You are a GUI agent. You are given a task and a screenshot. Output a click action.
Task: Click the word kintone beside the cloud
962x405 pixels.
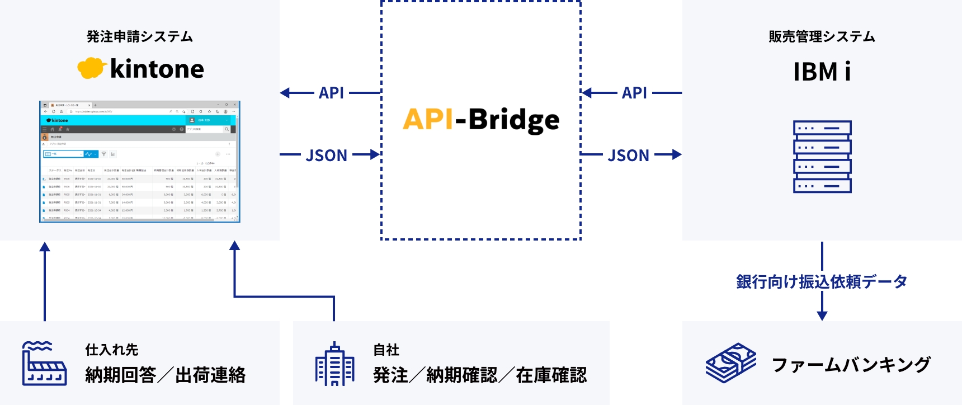tap(157, 69)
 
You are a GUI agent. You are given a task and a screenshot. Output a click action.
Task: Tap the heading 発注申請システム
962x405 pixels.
tap(140, 37)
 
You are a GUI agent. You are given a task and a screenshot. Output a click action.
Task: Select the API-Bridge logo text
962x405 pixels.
tap(481, 119)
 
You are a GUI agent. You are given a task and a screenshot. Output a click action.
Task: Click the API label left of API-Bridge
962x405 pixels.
tap(331, 93)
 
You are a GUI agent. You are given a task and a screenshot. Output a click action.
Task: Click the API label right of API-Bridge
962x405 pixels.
tap(634, 93)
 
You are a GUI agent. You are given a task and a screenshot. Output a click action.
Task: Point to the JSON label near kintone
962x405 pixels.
tap(327, 155)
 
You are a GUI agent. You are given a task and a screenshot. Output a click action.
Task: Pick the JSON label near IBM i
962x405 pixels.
tap(629, 155)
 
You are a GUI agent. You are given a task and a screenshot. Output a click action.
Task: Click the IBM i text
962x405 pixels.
tap(822, 72)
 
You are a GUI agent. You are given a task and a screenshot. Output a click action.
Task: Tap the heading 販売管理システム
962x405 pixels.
tap(822, 37)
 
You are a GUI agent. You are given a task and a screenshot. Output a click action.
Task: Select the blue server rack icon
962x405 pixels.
tap(822, 157)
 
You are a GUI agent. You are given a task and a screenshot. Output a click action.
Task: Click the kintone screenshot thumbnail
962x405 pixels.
tap(140, 162)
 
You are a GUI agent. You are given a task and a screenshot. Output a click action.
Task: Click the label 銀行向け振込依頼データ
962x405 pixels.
tap(822, 281)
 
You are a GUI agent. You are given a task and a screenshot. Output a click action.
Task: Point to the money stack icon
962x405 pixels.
tap(730, 363)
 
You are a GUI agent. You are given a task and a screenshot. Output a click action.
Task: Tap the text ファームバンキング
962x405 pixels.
tap(851, 365)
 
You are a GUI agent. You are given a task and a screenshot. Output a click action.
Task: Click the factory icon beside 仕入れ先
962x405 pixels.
tap(44, 364)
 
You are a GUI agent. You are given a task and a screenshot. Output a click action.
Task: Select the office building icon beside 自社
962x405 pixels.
tap(334, 364)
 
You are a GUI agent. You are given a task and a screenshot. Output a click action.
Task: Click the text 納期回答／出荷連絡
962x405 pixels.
tap(166, 375)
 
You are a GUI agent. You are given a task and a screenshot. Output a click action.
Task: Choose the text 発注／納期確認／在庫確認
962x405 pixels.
tap(480, 375)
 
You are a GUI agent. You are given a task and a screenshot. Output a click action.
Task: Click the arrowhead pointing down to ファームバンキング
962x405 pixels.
tap(822, 315)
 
